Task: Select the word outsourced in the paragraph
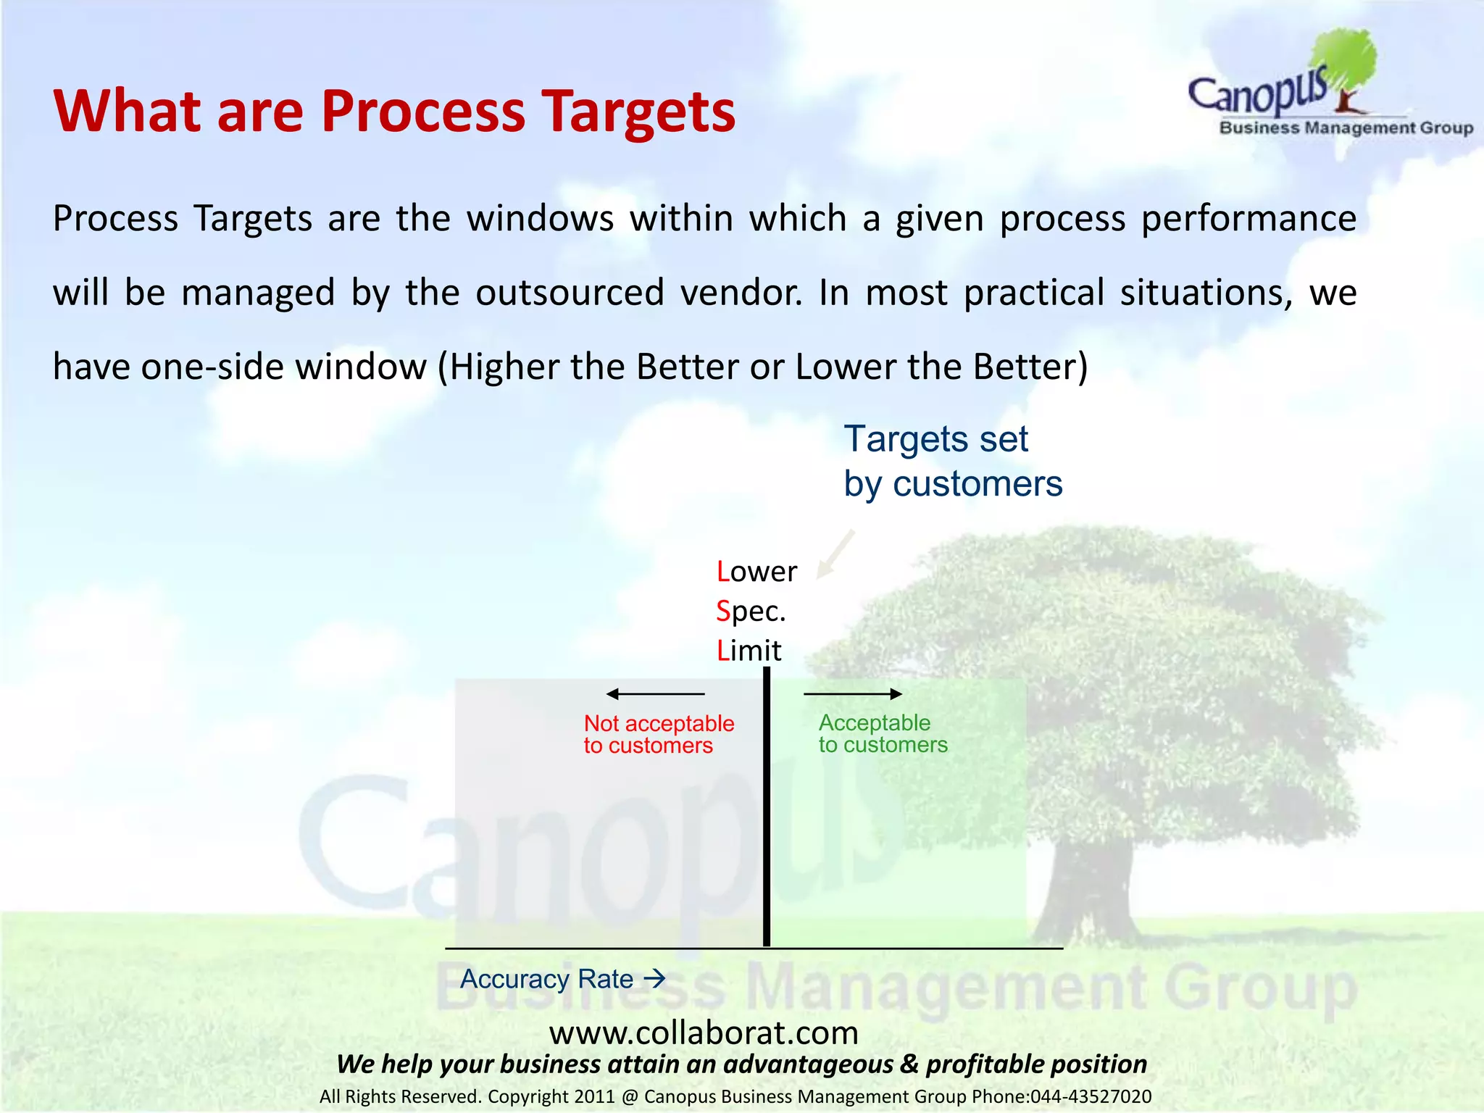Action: pos(570,293)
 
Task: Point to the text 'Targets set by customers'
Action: pos(952,462)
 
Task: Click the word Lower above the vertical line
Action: pos(756,572)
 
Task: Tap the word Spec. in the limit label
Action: pos(751,612)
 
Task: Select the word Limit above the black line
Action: pos(749,651)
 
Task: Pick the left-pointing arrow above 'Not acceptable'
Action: pos(655,694)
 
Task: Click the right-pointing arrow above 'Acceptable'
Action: pos(853,694)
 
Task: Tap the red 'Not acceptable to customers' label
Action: pos(658,734)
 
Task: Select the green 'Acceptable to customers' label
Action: pos(882,733)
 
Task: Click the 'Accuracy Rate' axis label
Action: pos(547,979)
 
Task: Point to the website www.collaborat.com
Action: pos(703,1033)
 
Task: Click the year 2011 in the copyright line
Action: pos(593,1096)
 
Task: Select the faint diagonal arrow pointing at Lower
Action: pos(835,554)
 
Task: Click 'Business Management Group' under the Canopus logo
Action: pos(1346,128)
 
